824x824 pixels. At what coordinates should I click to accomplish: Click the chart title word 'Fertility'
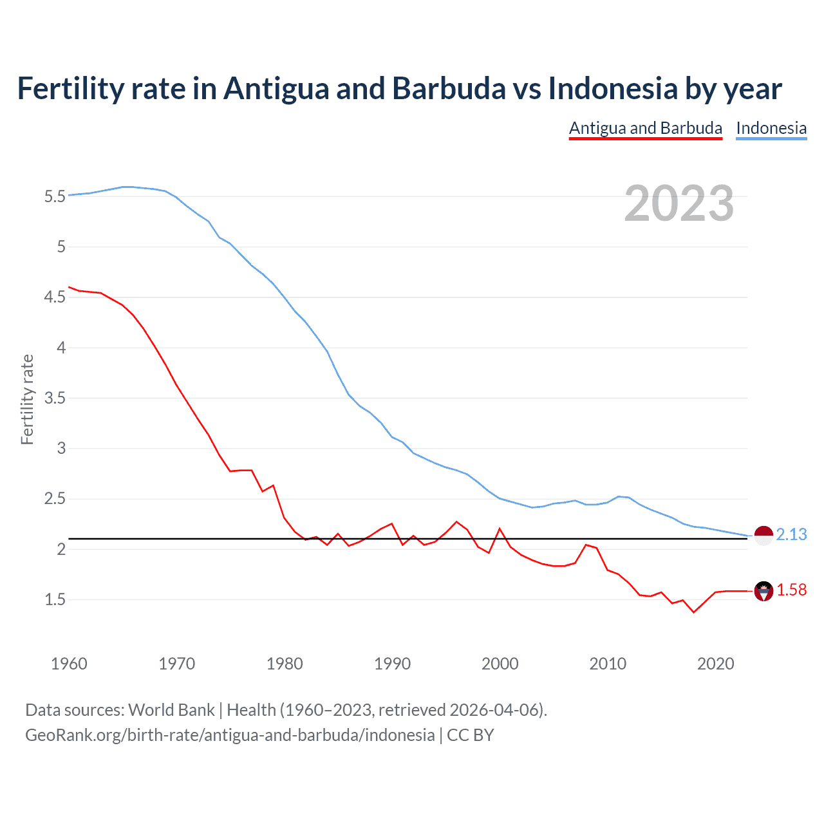(70, 88)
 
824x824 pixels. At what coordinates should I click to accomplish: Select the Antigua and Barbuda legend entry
(645, 128)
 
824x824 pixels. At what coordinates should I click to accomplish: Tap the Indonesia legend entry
(771, 128)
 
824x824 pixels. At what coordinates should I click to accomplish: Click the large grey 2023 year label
(679, 203)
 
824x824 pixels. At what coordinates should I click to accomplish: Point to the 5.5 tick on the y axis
(55, 196)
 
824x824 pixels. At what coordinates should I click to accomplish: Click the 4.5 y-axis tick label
(55, 297)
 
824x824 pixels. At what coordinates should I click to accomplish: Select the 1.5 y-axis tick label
(55, 600)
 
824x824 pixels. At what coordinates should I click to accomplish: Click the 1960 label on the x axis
(69, 664)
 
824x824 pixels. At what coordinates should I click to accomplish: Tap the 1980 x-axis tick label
(285, 664)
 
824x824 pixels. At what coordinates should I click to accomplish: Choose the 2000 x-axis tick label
(500, 664)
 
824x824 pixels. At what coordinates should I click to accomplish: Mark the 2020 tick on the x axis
(715, 664)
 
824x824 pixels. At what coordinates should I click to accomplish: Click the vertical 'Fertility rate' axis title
(27, 399)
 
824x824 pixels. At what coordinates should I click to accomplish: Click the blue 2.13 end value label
(791, 535)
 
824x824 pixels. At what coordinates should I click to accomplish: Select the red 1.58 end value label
(791, 590)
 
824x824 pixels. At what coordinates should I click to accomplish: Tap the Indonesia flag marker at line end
(763, 535)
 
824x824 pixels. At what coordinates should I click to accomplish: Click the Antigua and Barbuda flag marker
(763, 591)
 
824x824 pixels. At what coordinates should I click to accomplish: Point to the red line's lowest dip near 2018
(693, 612)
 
